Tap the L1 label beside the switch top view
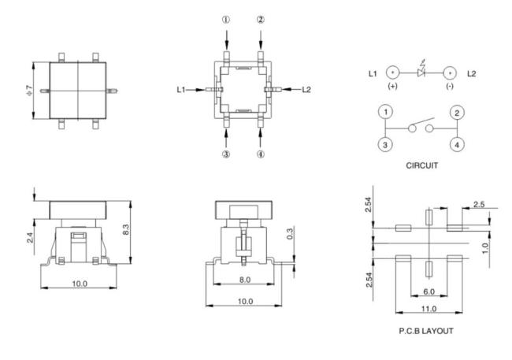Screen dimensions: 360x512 181,90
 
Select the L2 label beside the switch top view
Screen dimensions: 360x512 308,90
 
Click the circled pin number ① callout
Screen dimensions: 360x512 226,20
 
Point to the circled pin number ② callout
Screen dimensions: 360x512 261,20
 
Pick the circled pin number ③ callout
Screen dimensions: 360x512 226,154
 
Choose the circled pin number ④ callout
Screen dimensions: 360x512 261,154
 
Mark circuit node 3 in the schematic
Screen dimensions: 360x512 386,144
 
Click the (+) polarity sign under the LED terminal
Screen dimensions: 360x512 390,85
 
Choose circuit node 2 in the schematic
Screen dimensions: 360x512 455,113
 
